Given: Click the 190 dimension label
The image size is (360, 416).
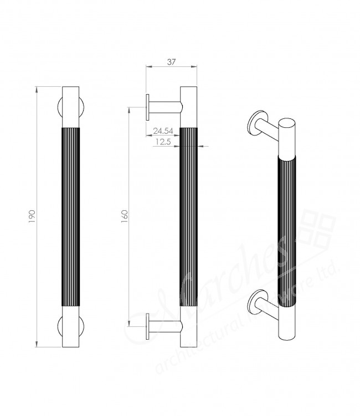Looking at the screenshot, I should pos(31,216).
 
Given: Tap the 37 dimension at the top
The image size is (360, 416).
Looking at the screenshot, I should pos(171,63).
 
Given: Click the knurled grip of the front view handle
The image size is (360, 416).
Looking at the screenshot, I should pos(71,216).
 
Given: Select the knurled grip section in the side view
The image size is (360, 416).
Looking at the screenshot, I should pos(188,216).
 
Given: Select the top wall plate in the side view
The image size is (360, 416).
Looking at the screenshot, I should pos(148,107).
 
